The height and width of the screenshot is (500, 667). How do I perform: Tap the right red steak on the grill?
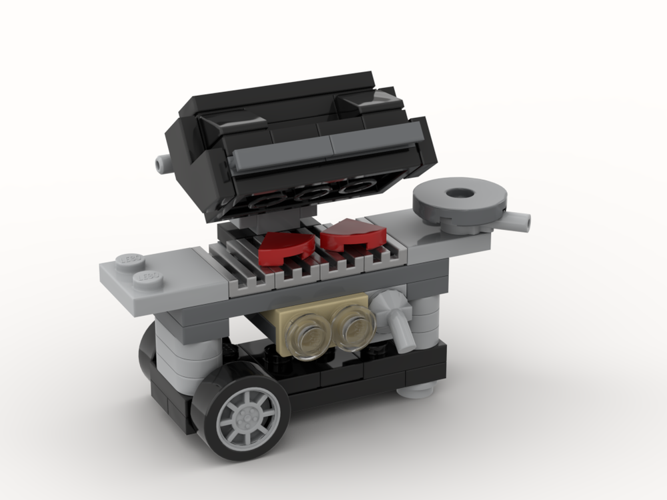[x=353, y=234]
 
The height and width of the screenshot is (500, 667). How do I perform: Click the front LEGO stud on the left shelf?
[x=147, y=275]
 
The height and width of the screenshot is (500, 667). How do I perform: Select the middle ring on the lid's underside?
[x=310, y=193]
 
